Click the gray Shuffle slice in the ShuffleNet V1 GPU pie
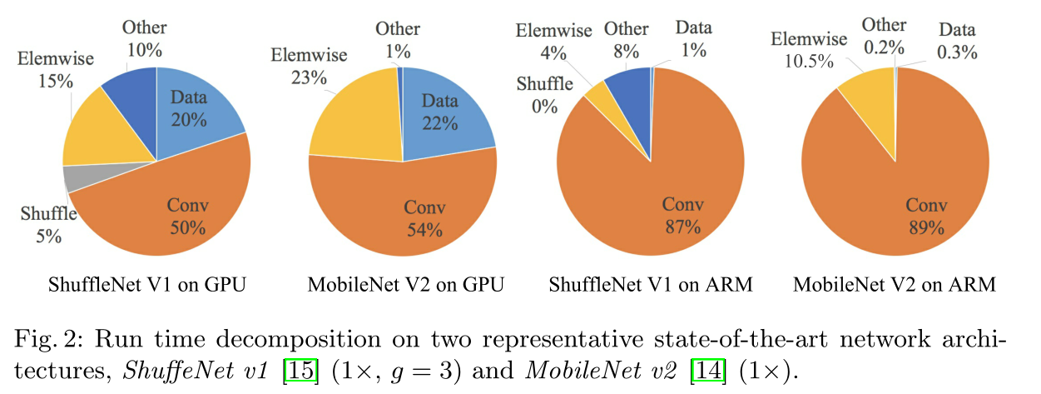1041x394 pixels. [x=76, y=177]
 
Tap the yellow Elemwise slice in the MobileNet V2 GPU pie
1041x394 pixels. [x=353, y=121]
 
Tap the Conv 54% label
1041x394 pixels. [x=424, y=219]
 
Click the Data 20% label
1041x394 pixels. [x=190, y=108]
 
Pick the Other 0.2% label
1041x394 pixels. [x=883, y=37]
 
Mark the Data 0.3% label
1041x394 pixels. [x=957, y=41]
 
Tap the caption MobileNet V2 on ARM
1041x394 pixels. [x=894, y=285]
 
